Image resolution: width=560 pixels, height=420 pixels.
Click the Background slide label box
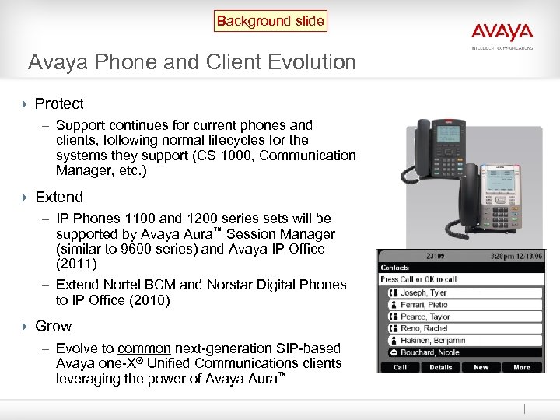click(271, 21)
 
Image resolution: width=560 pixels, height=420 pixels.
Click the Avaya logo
click(502, 33)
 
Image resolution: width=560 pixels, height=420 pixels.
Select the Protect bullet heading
click(59, 103)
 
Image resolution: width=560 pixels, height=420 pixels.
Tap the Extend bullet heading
click(59, 198)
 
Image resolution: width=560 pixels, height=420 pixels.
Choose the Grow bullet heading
click(53, 326)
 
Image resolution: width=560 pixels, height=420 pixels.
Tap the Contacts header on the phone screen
click(395, 267)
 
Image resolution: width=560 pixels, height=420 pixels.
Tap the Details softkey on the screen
click(441, 367)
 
